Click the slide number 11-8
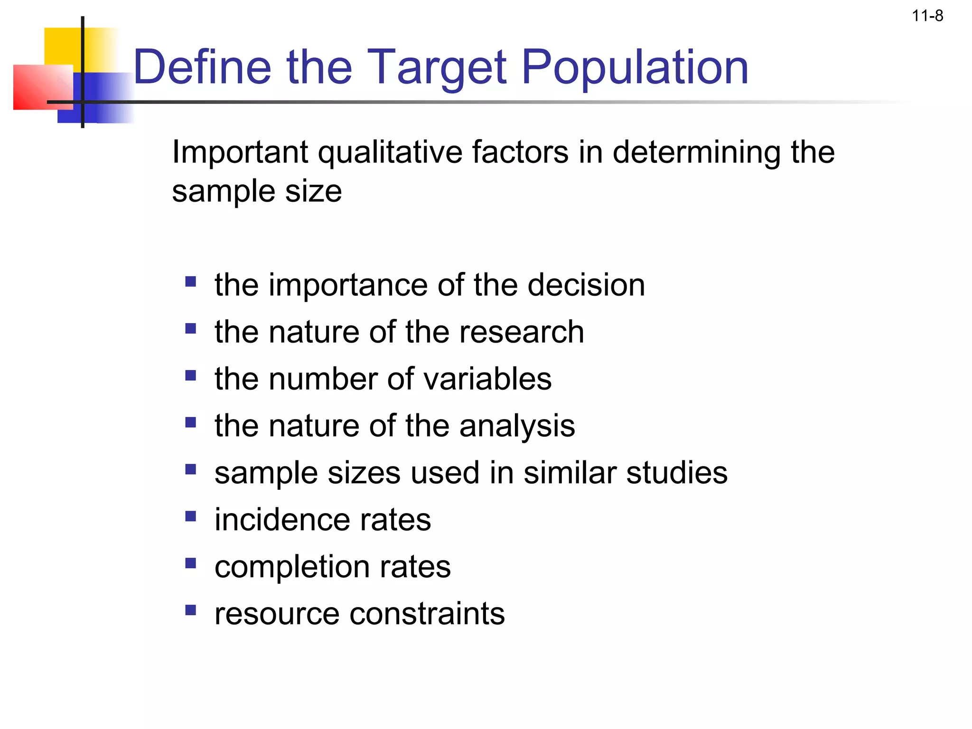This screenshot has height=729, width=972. click(927, 16)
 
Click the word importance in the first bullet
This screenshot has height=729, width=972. click(348, 285)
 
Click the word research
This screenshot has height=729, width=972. click(522, 332)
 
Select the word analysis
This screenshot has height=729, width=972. click(517, 426)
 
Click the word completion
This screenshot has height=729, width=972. click(292, 567)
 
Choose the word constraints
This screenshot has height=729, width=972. click(427, 614)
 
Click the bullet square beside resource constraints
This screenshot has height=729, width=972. click(191, 610)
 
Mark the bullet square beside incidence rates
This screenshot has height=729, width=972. click(191, 516)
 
